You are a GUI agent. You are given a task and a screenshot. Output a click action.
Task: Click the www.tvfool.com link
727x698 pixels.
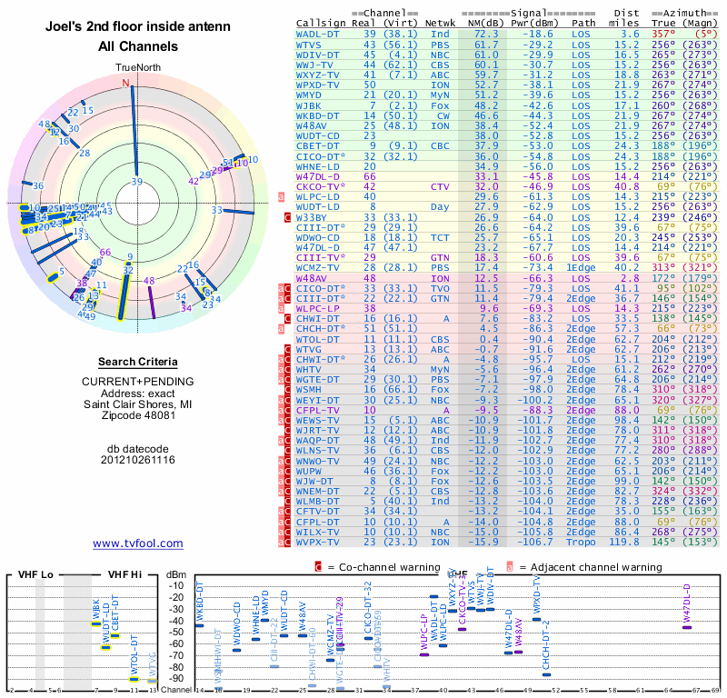(138, 543)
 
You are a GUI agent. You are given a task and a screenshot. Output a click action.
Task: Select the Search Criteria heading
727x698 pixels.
(138, 362)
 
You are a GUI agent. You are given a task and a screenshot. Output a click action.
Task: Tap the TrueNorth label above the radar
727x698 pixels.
(137, 68)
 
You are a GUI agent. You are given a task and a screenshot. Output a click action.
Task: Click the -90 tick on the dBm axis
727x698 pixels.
(177, 678)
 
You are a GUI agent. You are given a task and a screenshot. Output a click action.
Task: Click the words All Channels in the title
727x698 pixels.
(138, 46)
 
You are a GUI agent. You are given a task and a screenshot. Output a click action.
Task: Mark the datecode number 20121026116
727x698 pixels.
(138, 460)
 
